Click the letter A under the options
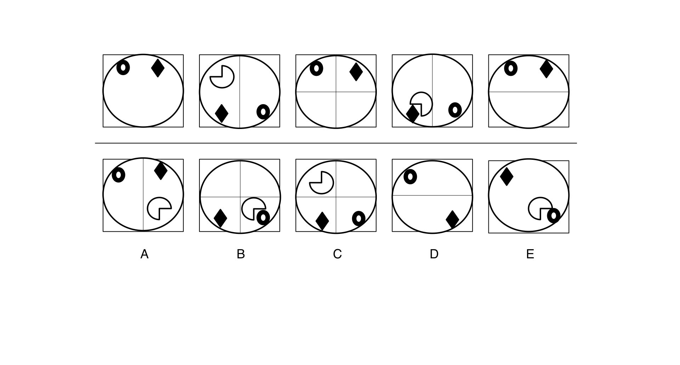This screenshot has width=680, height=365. pyautogui.click(x=144, y=254)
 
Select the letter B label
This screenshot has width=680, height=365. pyautogui.click(x=241, y=254)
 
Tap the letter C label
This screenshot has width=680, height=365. pyautogui.click(x=337, y=254)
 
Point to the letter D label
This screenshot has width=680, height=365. pyautogui.click(x=434, y=254)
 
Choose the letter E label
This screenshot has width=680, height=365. pyautogui.click(x=530, y=254)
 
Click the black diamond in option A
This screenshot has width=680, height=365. pyautogui.click(x=161, y=170)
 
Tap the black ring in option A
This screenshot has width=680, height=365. pyautogui.click(x=118, y=175)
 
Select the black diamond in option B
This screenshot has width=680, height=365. pyautogui.click(x=220, y=218)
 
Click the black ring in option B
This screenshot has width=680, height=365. pyautogui.click(x=263, y=217)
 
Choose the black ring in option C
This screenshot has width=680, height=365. pyautogui.click(x=359, y=219)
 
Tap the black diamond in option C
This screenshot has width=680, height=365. pyautogui.click(x=322, y=221)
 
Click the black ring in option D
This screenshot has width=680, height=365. pyautogui.click(x=410, y=176)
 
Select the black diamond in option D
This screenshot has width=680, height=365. pyautogui.click(x=452, y=219)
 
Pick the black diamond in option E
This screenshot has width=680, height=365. pyautogui.click(x=506, y=176)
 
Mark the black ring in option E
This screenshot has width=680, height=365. pyautogui.click(x=554, y=215)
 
